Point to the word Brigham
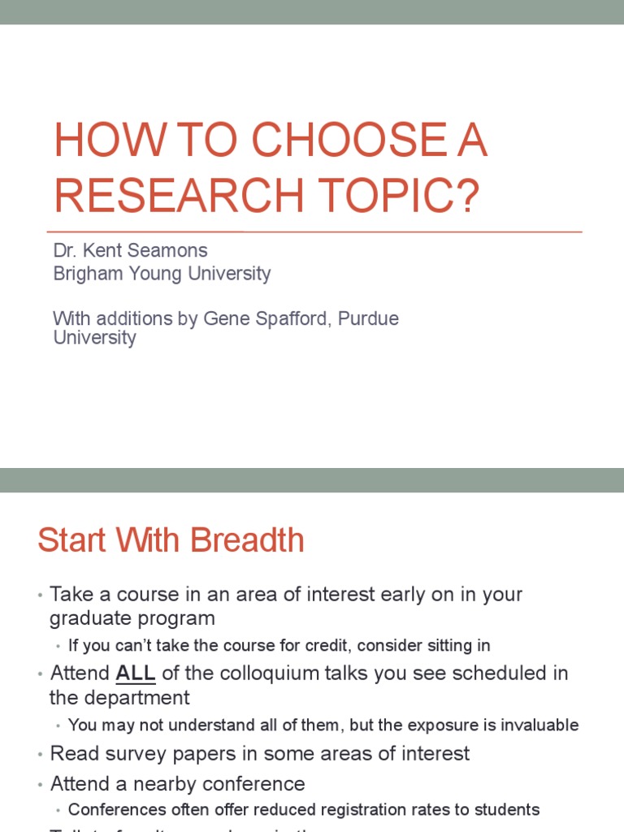pyautogui.click(x=85, y=274)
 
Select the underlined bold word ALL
pyautogui.click(x=135, y=674)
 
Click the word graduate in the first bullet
pyautogui.click(x=87, y=619)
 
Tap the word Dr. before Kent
pyautogui.click(x=65, y=250)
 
